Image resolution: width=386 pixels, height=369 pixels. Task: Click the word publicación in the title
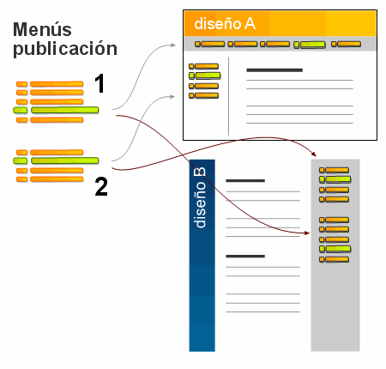pos(64,48)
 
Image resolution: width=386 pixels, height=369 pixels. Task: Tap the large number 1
pos(100,83)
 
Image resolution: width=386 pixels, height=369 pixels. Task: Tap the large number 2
pos(100,186)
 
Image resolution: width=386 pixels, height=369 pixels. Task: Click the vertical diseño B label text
pos(200,198)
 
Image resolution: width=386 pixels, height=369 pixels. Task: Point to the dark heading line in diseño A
pos(274,70)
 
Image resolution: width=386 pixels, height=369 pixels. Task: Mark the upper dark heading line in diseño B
pos(245,181)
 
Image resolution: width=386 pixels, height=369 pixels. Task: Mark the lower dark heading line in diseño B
pos(245,256)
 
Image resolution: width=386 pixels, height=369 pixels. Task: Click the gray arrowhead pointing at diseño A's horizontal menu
pos(180,38)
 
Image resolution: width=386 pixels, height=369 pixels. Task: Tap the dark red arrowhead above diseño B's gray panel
pos(315,153)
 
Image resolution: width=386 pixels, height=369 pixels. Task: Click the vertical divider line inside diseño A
pos(229,95)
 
